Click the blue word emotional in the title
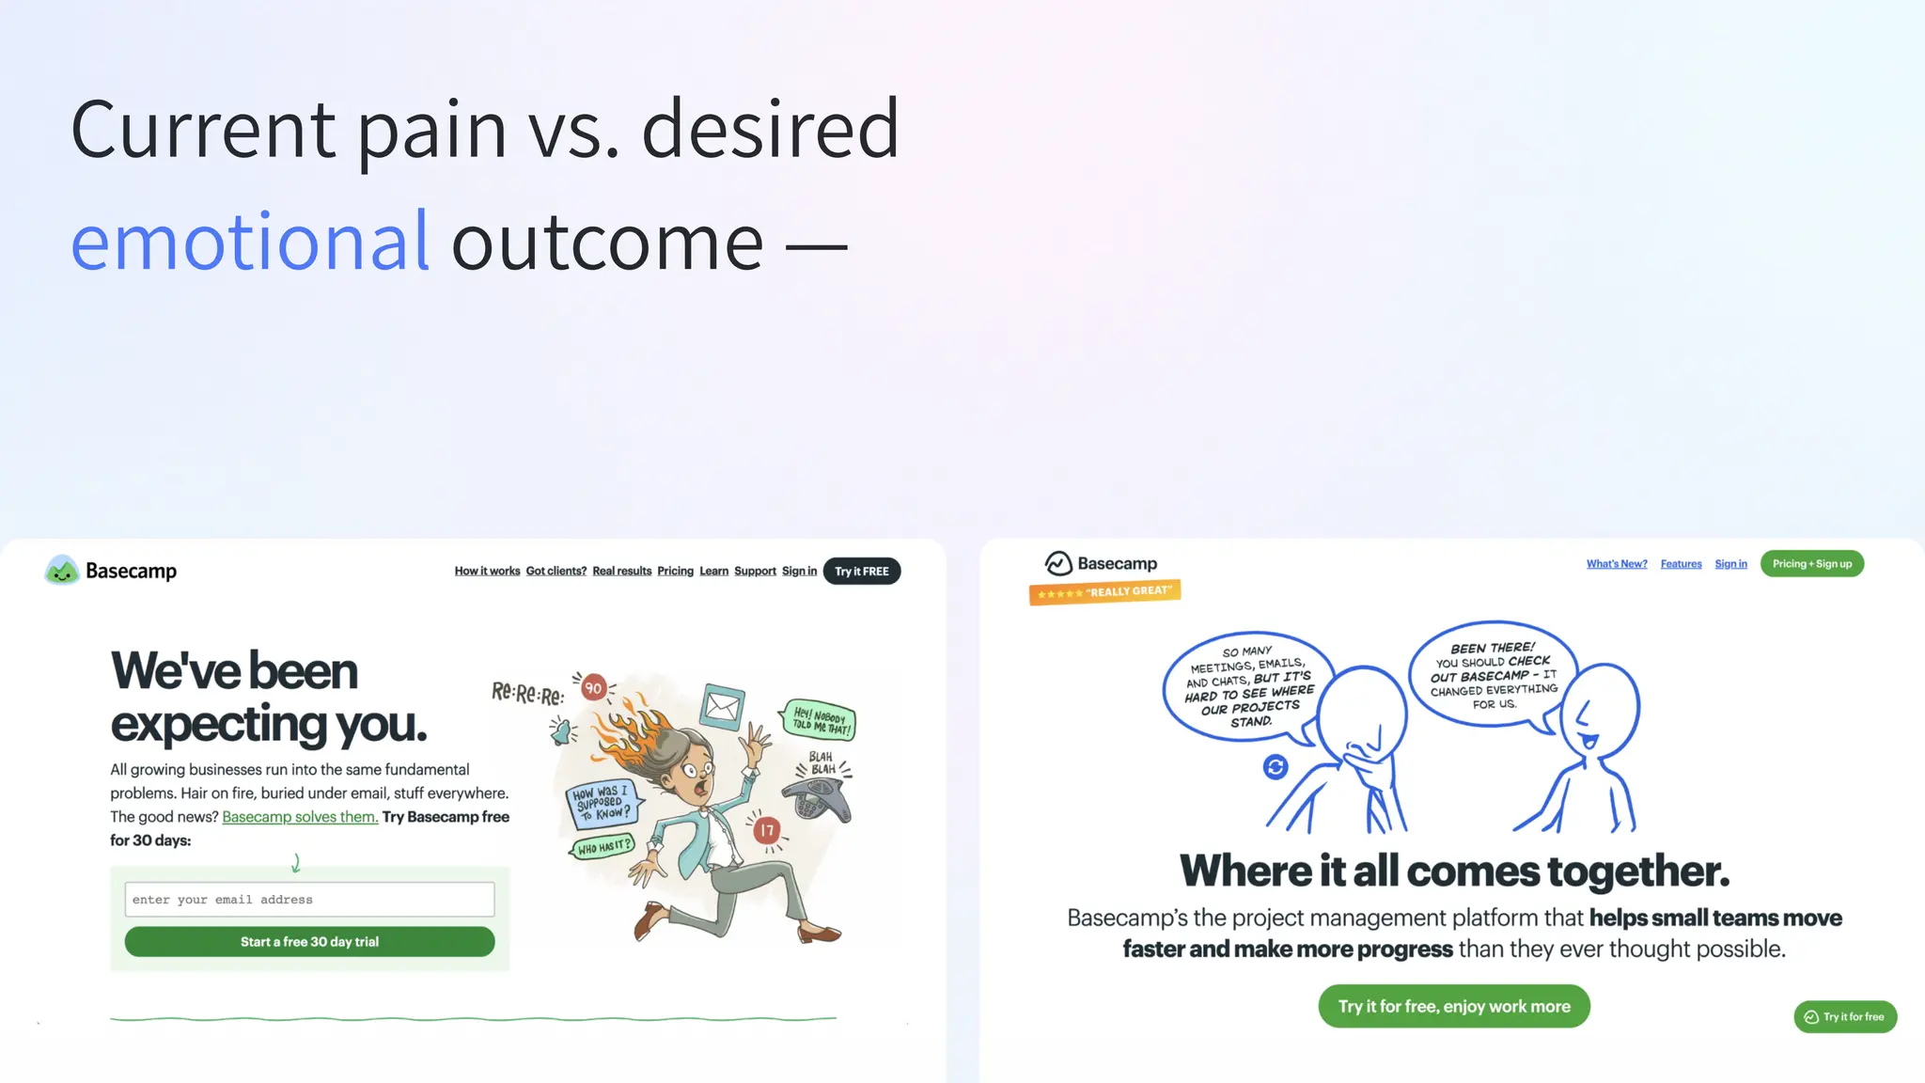coord(250,242)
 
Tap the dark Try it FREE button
coord(861,571)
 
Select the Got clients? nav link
coord(556,571)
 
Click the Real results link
coord(621,571)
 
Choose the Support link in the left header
coord(755,571)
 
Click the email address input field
coord(309,900)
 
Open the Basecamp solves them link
coord(300,817)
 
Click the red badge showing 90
coord(593,688)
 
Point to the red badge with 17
coord(767,830)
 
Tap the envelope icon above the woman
coord(723,706)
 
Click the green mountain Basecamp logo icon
coord(62,570)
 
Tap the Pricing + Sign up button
coord(1811,564)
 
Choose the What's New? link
coord(1617,564)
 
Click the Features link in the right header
coord(1681,564)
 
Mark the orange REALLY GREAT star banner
coord(1104,592)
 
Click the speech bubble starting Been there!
coord(1493,675)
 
